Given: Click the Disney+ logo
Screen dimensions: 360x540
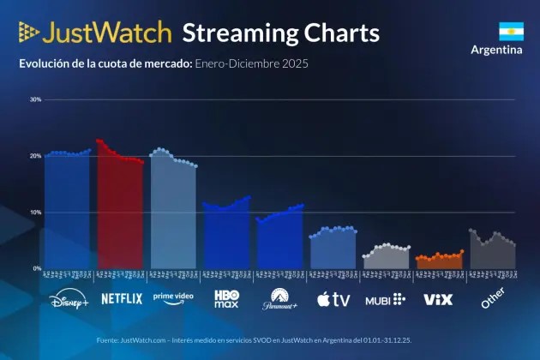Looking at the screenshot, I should (69, 300).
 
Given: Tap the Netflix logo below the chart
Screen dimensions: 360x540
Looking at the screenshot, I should (122, 299).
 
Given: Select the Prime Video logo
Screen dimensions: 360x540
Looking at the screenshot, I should (173, 298).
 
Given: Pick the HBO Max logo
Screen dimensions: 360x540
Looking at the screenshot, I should (226, 299).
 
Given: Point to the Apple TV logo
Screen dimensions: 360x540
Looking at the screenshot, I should (333, 299).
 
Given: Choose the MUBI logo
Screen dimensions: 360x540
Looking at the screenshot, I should (385, 299).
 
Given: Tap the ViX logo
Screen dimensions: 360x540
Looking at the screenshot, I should (437, 299).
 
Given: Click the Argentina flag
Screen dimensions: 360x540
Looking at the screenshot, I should (511, 32).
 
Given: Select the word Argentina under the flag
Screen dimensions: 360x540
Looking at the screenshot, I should (496, 50).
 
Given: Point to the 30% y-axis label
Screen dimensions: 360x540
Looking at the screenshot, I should (35, 99).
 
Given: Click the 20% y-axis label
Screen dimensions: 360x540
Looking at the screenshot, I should (35, 156).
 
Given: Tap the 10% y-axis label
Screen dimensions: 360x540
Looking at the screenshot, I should (35, 213).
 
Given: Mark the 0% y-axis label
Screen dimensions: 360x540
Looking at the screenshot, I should (37, 268).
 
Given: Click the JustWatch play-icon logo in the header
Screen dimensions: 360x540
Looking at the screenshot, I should (28, 33).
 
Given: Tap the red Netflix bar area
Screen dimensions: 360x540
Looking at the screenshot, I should (121, 214).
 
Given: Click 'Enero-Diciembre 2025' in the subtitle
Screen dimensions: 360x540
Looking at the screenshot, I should (251, 63).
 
